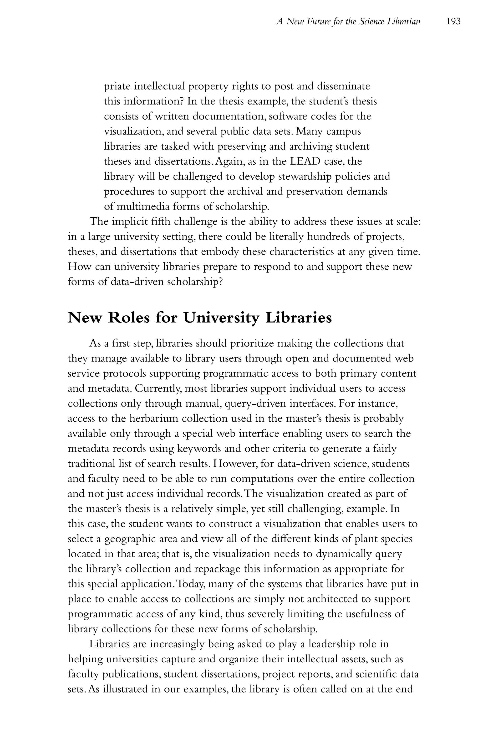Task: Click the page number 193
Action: pos(453,21)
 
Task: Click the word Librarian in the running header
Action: pos(404,21)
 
